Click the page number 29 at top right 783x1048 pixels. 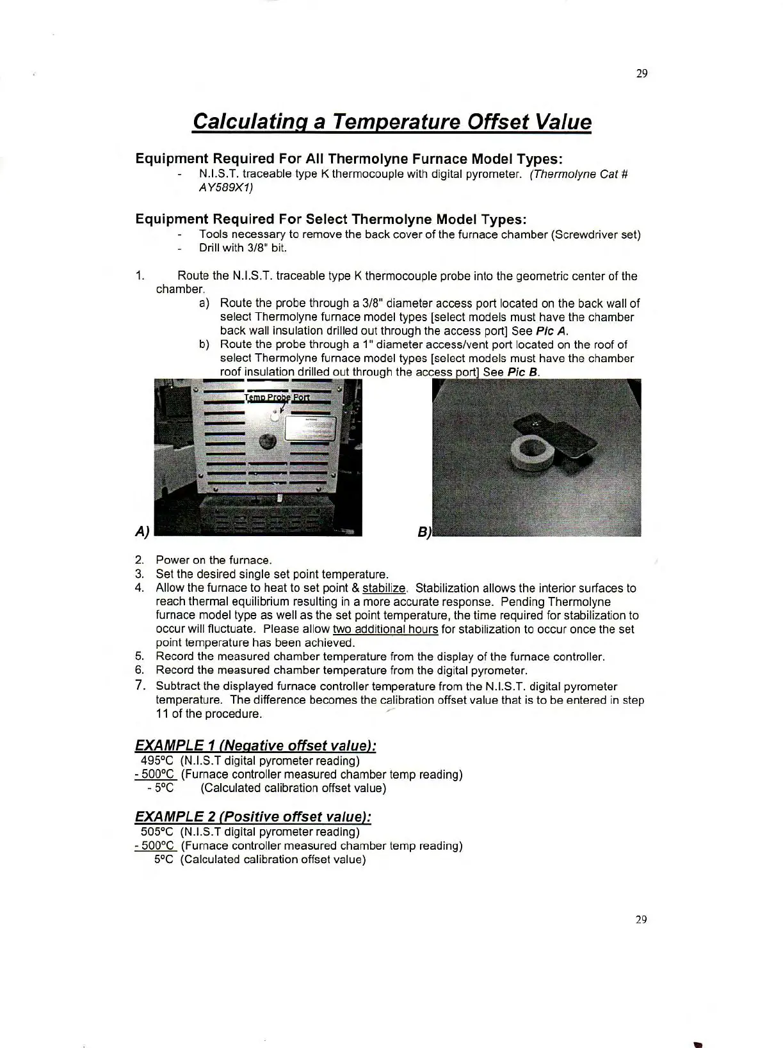click(642, 74)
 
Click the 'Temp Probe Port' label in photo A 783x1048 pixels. click(277, 397)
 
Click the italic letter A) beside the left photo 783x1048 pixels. click(142, 530)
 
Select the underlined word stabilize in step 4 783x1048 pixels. click(384, 588)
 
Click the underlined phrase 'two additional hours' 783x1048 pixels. click(385, 629)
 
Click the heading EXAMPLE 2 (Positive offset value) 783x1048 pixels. click(253, 816)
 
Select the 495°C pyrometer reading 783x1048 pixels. click(157, 761)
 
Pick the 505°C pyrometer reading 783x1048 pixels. click(157, 832)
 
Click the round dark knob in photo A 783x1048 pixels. click(268, 441)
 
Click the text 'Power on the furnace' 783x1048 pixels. click(214, 560)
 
